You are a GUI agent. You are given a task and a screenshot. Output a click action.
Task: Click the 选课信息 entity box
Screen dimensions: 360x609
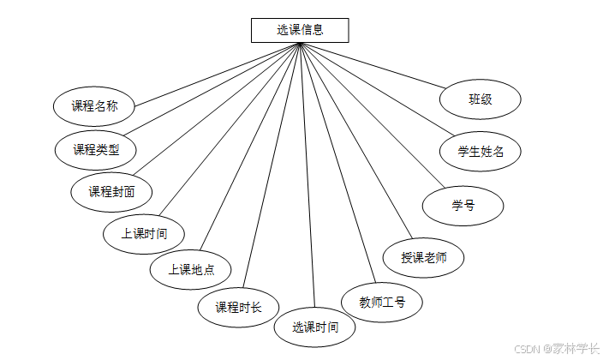300,30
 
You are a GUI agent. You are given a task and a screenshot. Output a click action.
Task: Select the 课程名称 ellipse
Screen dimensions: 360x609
94,106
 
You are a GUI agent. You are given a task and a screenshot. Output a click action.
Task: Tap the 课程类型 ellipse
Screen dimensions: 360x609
95,149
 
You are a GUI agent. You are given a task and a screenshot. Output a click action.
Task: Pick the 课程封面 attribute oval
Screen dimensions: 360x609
111,191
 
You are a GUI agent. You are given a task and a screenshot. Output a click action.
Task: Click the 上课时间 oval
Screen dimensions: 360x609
143,233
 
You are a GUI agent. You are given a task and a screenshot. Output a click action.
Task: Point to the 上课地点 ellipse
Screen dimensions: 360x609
190,270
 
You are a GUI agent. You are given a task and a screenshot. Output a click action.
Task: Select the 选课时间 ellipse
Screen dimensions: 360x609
314,327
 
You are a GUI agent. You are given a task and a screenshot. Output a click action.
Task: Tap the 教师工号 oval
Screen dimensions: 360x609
382,302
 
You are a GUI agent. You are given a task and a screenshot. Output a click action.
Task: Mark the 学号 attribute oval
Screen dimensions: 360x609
463,206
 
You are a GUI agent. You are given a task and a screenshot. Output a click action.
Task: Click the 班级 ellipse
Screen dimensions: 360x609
480,99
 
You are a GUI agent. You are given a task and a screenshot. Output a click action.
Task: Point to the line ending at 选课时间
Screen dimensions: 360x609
307,176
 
